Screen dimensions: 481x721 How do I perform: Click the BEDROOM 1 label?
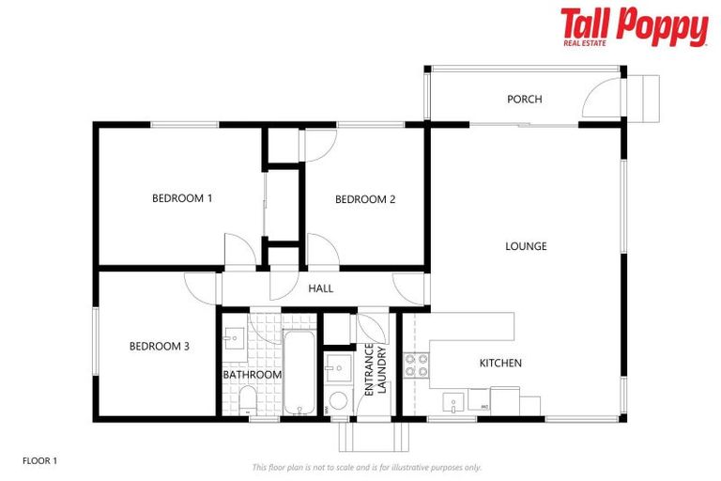click(x=182, y=198)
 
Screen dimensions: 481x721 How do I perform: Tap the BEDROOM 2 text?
click(x=365, y=198)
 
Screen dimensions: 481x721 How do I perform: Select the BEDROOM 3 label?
click(x=159, y=346)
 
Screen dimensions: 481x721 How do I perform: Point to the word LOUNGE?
click(x=526, y=246)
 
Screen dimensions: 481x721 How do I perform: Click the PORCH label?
click(x=524, y=99)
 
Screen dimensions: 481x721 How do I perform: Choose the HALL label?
click(x=320, y=288)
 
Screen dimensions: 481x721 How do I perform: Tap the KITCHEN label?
click(x=500, y=363)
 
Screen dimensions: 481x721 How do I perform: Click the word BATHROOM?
click(x=253, y=375)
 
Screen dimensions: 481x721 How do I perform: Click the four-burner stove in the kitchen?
click(x=417, y=365)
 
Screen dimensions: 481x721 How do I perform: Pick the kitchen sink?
click(x=453, y=403)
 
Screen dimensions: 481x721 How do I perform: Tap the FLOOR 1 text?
click(x=40, y=461)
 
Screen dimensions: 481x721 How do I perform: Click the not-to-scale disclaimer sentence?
click(x=366, y=467)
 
